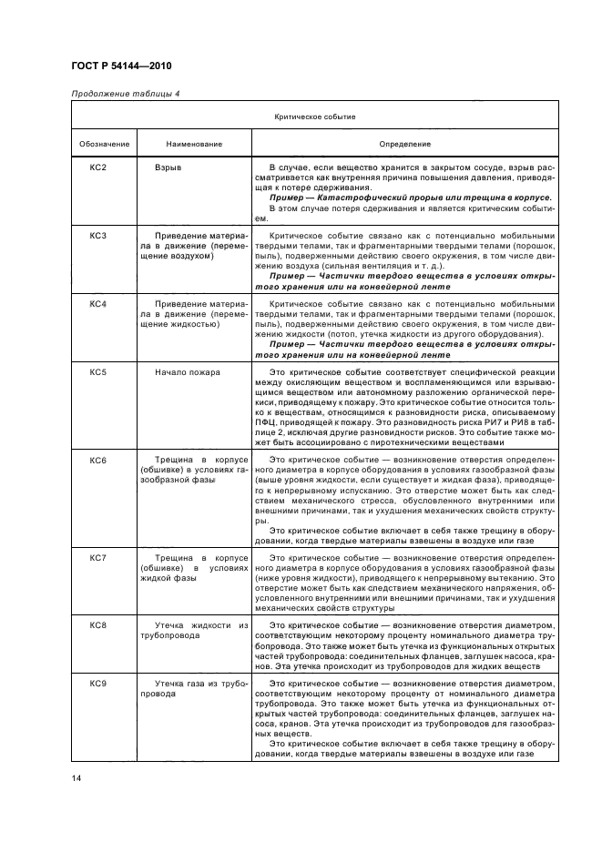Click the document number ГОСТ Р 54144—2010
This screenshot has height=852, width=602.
[x=120, y=66]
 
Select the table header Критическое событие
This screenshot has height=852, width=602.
[x=314, y=117]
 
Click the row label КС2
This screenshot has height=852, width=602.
[x=98, y=168]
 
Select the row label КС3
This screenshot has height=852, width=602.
[x=98, y=236]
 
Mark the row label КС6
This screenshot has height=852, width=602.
[x=98, y=461]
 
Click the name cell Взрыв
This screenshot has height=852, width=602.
[x=168, y=168]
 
